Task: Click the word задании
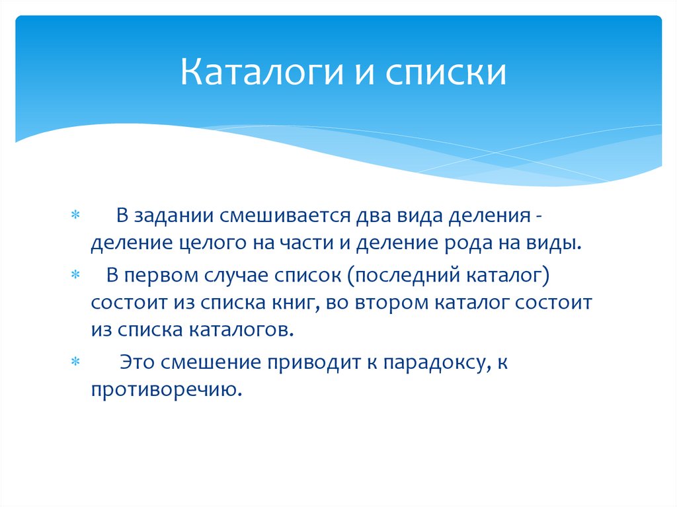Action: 174,216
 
